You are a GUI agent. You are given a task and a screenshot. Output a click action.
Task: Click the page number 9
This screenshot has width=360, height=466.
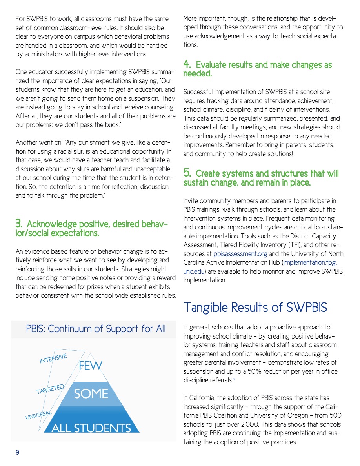17,452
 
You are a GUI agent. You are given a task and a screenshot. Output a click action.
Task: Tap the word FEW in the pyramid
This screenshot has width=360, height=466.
90,366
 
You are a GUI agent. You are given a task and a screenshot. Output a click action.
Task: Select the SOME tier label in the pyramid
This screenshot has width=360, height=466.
91,393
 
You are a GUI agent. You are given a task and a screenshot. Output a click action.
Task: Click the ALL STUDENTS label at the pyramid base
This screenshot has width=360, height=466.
91,428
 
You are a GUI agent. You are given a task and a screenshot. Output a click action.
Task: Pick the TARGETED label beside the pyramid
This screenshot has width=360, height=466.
50,389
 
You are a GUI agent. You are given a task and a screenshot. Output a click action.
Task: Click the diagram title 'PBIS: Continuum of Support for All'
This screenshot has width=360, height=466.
96,329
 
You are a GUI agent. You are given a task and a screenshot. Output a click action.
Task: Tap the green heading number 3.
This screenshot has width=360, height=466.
18,224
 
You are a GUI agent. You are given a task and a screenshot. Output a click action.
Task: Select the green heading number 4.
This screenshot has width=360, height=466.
187,64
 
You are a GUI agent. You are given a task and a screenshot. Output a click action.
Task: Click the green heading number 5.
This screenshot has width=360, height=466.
187,173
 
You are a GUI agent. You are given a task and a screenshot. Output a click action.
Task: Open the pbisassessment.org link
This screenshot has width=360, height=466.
234,254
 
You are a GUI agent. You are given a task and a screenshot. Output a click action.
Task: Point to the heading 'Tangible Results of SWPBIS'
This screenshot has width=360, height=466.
255,308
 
